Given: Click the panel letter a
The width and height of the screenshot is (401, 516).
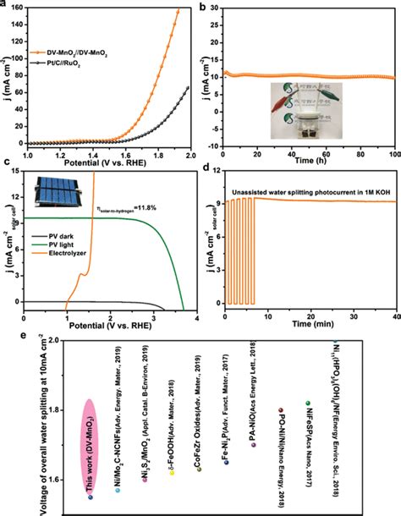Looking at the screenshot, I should [7, 7].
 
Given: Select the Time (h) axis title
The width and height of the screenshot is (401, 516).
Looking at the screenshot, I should [308, 164].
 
